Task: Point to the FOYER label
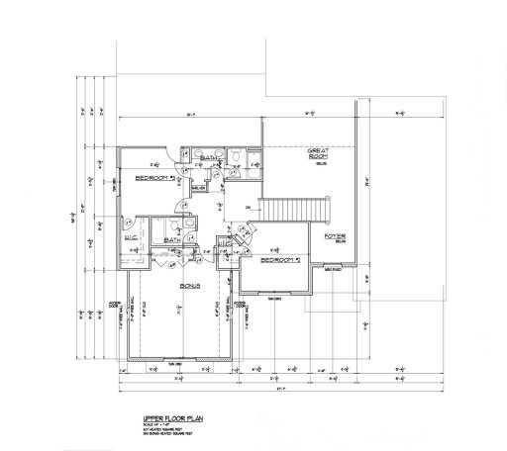pyautogui.click(x=333, y=236)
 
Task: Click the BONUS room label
pyautogui.click(x=191, y=285)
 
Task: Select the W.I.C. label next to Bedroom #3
pyautogui.click(x=130, y=237)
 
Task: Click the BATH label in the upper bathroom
pyautogui.click(x=209, y=158)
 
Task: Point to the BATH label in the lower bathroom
pyautogui.click(x=170, y=238)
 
